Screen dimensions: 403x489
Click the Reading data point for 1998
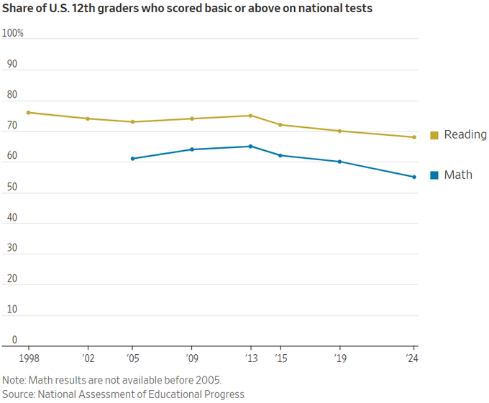pyautogui.click(x=29, y=112)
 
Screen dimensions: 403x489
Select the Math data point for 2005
pyautogui.click(x=133, y=159)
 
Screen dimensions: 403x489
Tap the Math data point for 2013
pyautogui.click(x=250, y=146)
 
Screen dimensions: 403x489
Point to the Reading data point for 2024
pyautogui.click(x=414, y=137)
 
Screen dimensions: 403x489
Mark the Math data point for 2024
pyautogui.click(x=414, y=177)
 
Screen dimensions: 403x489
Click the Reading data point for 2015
pyautogui.click(x=280, y=125)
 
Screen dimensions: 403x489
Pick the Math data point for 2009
pyautogui.click(x=192, y=149)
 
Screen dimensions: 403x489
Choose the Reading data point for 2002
pyautogui.click(x=88, y=119)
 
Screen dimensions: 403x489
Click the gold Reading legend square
pyautogui.click(x=434, y=135)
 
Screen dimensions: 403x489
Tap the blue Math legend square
pyautogui.click(x=434, y=175)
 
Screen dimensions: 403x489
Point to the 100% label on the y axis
pyautogui.click(x=13, y=34)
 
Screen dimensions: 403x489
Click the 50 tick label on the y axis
pyautogui.click(x=12, y=187)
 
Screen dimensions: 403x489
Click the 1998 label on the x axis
pyautogui.click(x=29, y=358)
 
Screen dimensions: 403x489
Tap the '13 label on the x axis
pyautogui.click(x=250, y=358)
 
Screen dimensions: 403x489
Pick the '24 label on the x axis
pyautogui.click(x=413, y=358)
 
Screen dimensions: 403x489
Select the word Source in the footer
pyautogui.click(x=18, y=394)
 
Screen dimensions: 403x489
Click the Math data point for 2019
pyautogui.click(x=339, y=162)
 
